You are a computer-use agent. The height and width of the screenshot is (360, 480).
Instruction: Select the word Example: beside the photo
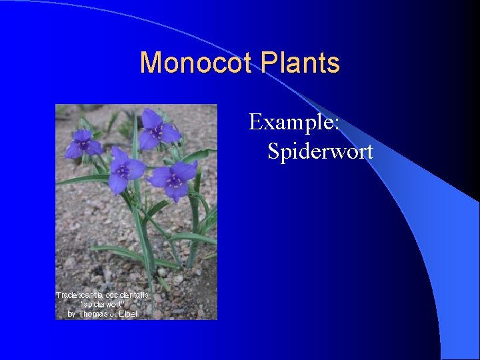click(x=295, y=122)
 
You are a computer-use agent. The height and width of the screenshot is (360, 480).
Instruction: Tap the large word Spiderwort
click(x=320, y=151)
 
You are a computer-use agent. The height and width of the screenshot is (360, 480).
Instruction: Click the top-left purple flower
click(x=83, y=143)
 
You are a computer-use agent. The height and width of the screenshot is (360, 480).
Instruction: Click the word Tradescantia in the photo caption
click(x=78, y=295)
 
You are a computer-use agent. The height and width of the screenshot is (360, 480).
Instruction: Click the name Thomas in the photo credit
click(x=93, y=313)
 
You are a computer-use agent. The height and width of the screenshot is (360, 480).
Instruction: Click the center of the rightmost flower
click(x=175, y=179)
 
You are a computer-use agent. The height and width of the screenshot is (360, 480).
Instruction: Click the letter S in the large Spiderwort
click(x=274, y=151)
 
